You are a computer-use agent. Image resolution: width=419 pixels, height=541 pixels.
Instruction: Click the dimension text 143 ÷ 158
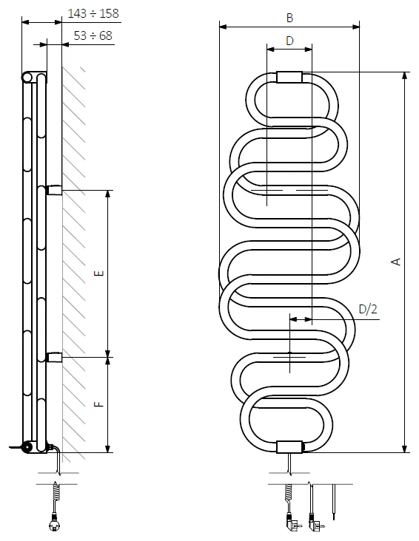(x=93, y=13)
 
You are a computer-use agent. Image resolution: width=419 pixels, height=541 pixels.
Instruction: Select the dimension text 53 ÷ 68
(x=93, y=35)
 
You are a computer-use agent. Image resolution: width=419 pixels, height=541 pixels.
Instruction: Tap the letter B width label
(x=289, y=18)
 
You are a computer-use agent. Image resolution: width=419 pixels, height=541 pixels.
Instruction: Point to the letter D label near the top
(x=289, y=41)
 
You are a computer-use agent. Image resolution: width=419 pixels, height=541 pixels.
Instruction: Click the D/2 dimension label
(x=368, y=309)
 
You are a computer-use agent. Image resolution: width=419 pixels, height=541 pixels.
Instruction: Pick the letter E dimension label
(x=99, y=273)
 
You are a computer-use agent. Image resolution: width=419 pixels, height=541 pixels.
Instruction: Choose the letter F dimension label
(x=99, y=404)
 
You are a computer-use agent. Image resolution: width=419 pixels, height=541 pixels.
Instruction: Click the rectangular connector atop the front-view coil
(x=289, y=77)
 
